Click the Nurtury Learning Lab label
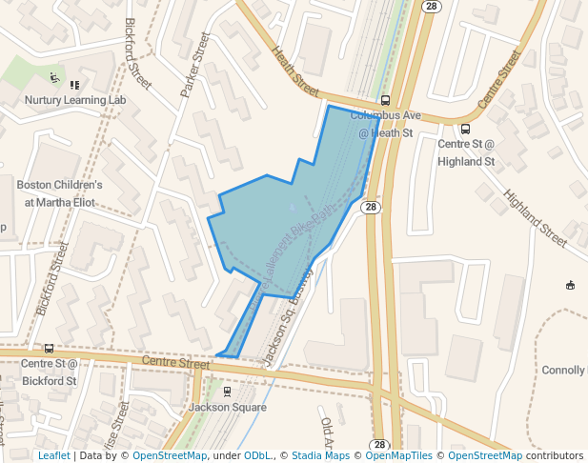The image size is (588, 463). [x=75, y=99]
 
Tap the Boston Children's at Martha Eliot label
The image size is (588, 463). [x=59, y=193]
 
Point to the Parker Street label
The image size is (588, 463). [x=194, y=65]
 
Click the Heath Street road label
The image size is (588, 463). [x=294, y=71]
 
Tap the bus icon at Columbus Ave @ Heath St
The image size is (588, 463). [x=385, y=100]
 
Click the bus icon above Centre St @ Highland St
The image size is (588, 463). [x=465, y=129]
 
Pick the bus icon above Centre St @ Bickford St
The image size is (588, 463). [x=49, y=349]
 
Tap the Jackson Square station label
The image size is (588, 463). [x=227, y=407]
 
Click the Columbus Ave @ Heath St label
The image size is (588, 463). [x=385, y=124]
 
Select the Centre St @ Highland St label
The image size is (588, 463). [x=466, y=152]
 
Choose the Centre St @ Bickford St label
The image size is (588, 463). [x=49, y=372]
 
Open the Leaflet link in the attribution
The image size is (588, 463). [x=53, y=455]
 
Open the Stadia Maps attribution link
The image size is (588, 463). [x=320, y=455]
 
